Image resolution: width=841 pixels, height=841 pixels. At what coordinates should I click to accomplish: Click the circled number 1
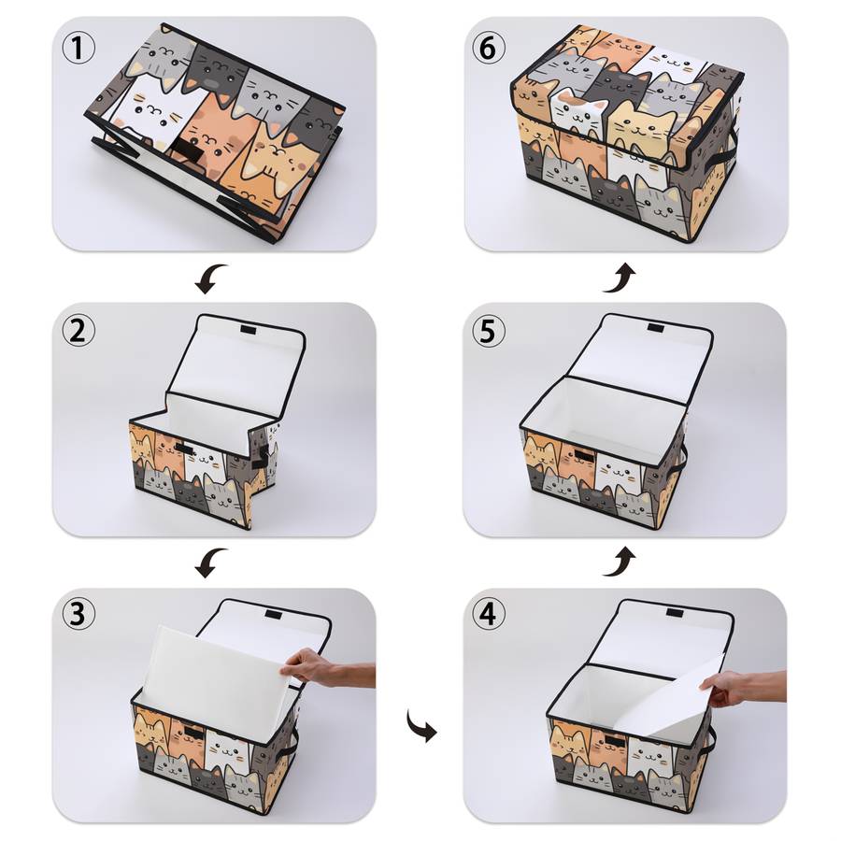coord(78,48)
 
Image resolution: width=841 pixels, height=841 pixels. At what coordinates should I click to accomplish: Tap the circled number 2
coord(78,331)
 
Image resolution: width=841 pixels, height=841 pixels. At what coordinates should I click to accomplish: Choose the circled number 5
coord(488,331)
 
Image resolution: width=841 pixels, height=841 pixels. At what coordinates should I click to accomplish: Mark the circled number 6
coord(488,48)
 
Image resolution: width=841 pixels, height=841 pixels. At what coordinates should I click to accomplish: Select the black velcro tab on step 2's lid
coord(249,329)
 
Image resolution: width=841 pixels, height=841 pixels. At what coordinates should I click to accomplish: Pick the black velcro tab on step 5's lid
coord(655,327)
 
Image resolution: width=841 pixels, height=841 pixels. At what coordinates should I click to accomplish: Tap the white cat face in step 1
coord(153,111)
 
